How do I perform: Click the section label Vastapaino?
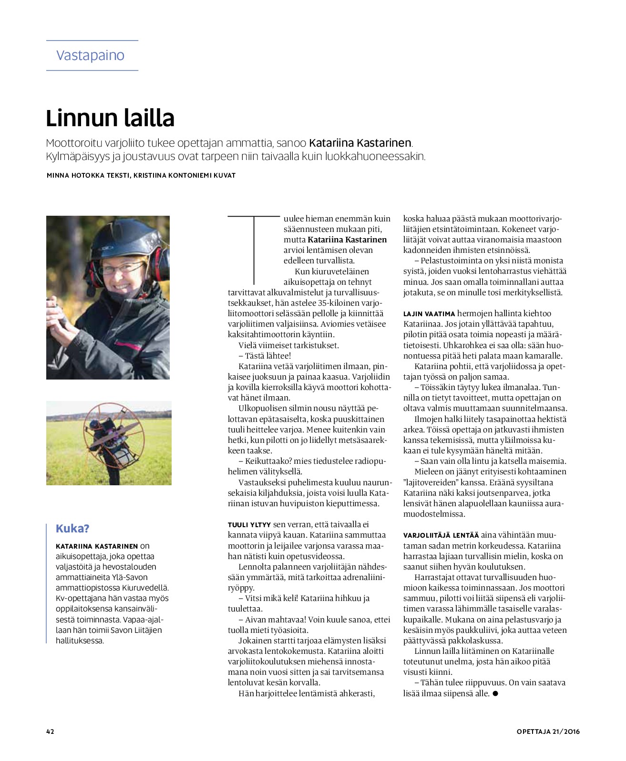[90, 55]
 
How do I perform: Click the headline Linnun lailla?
[110, 118]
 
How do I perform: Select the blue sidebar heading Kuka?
[72, 529]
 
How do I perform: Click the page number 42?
[50, 731]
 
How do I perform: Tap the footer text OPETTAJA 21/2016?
[548, 731]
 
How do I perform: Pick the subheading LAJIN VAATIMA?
[429, 314]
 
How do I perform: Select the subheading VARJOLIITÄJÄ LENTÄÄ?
[441, 535]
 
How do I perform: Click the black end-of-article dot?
[495, 694]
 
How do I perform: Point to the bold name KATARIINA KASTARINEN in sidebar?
[97, 546]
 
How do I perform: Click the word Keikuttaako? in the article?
[268, 461]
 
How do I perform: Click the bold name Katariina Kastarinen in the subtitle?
[360, 143]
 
